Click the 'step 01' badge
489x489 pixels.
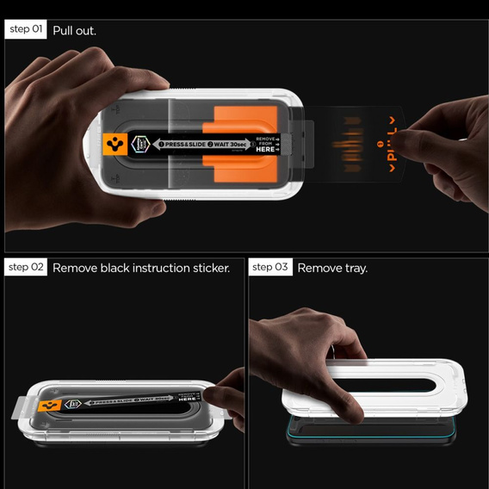click(26, 30)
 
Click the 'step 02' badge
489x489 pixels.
click(27, 268)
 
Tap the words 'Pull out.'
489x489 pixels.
click(75, 30)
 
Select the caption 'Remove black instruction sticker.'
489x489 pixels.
click(141, 268)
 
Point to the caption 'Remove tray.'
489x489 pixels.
click(332, 268)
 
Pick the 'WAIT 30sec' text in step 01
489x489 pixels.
click(227, 143)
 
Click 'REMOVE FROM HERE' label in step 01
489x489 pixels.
click(265, 144)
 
